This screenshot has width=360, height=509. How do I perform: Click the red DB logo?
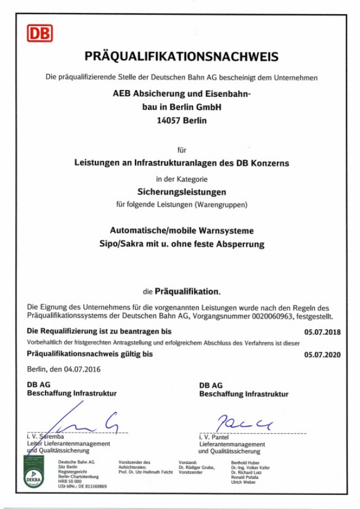(39, 33)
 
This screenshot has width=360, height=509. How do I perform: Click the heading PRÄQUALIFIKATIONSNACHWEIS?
(181, 57)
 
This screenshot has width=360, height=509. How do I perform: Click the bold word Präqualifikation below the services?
(187, 291)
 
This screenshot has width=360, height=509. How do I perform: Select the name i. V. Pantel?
(217, 437)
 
